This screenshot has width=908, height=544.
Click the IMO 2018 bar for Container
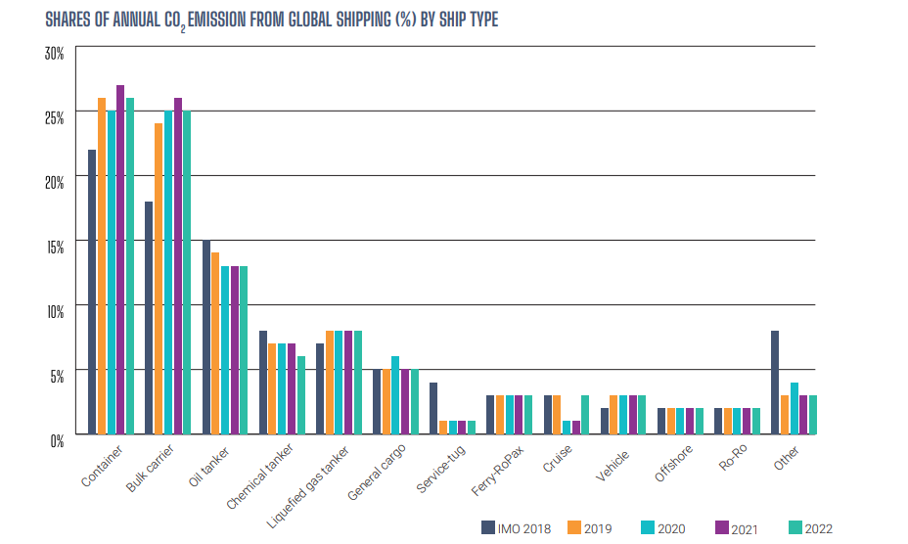(92, 292)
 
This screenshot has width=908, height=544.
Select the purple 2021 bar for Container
(120, 259)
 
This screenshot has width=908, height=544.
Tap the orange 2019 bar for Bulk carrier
(159, 279)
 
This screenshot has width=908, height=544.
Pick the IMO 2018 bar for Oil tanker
(206, 337)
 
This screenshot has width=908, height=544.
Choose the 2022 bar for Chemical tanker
(300, 394)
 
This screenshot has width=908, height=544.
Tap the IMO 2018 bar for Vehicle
(604, 420)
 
